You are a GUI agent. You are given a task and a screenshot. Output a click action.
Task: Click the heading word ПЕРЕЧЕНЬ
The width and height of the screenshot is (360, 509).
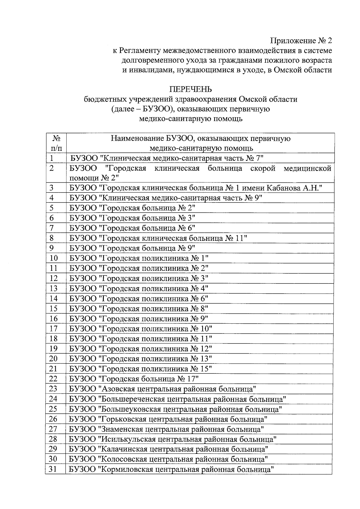pos(190,89)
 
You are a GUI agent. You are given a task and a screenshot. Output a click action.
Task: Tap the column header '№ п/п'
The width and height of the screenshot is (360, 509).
pos(56,143)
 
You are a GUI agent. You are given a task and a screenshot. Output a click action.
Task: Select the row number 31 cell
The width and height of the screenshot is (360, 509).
pos(53,469)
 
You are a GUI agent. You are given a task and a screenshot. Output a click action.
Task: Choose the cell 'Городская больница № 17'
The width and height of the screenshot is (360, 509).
pos(134,379)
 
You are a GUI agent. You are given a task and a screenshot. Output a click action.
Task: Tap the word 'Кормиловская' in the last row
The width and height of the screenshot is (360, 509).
pos(123,469)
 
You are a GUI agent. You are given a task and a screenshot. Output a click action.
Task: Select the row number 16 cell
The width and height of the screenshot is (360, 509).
pos(54,319)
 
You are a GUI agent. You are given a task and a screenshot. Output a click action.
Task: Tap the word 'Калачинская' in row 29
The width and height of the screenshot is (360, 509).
pos(121,449)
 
